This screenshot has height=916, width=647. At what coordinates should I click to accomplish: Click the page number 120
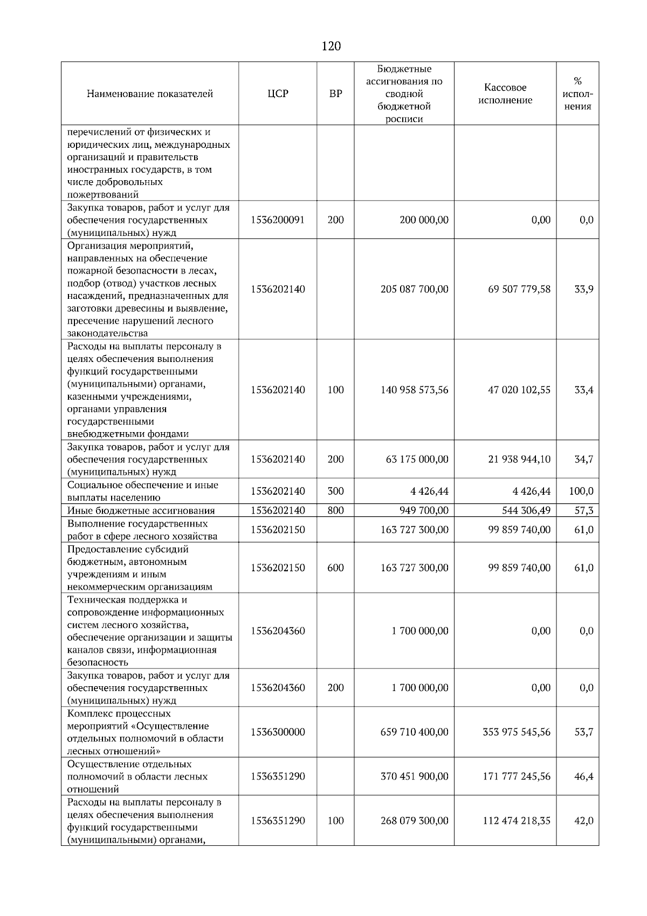[x=331, y=46]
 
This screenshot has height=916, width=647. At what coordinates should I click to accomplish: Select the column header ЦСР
[x=278, y=94]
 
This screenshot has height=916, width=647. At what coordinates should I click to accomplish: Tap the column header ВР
[x=335, y=94]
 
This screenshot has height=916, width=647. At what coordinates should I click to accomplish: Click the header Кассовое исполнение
[x=505, y=94]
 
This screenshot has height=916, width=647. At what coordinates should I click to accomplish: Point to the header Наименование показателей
[x=150, y=94]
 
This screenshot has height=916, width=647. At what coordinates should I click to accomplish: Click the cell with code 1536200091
[x=278, y=220]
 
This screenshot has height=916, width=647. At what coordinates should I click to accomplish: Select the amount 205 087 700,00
[x=414, y=289]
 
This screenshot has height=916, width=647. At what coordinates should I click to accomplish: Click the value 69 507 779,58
[x=519, y=289]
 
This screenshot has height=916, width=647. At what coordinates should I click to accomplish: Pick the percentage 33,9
[x=583, y=289]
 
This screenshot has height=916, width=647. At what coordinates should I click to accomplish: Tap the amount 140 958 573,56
[x=414, y=390]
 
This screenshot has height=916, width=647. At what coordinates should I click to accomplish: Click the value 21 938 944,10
[x=519, y=460]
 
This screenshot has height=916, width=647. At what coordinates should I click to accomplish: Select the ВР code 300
[x=335, y=491]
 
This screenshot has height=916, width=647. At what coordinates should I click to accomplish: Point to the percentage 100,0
[x=581, y=491]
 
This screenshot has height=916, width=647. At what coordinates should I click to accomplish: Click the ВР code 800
[x=335, y=511]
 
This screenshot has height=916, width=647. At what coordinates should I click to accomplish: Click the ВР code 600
[x=335, y=568]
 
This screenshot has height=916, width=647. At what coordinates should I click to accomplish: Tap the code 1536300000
[x=278, y=732]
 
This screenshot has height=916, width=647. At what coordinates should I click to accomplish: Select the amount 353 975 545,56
[x=517, y=732]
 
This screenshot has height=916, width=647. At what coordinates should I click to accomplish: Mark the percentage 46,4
[x=583, y=777]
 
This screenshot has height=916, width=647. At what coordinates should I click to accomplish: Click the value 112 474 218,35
[x=517, y=821]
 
